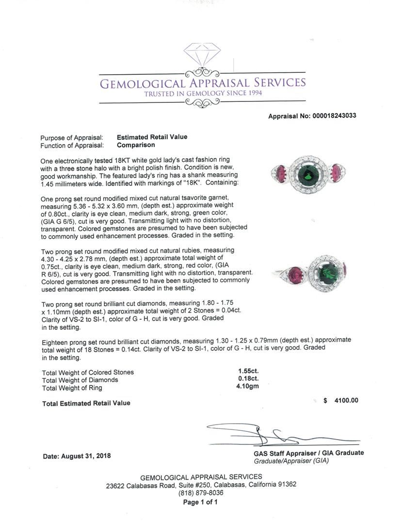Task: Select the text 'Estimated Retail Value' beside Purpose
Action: (x=152, y=137)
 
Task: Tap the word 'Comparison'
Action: (x=136, y=145)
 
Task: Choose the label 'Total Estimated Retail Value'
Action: (x=86, y=403)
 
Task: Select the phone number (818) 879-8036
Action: (x=201, y=493)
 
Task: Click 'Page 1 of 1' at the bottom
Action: (x=200, y=502)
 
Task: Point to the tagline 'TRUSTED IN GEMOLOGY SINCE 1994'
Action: (x=203, y=93)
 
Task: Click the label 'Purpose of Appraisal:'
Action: (x=72, y=138)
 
